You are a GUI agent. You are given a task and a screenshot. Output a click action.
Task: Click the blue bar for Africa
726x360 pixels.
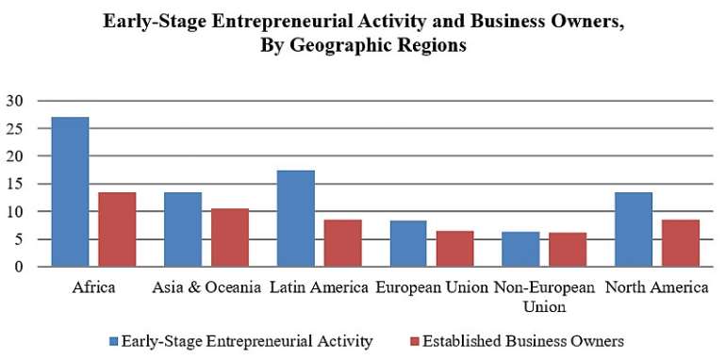70,192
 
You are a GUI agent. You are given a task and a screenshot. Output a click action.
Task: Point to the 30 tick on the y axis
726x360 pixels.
18,101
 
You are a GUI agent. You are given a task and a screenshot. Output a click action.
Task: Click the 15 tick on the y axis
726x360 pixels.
18,184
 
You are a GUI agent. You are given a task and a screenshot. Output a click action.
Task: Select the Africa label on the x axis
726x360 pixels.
93,287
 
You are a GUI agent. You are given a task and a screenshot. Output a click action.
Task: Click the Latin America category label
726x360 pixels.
319,287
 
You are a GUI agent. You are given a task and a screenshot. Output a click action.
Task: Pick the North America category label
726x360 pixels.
656,287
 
